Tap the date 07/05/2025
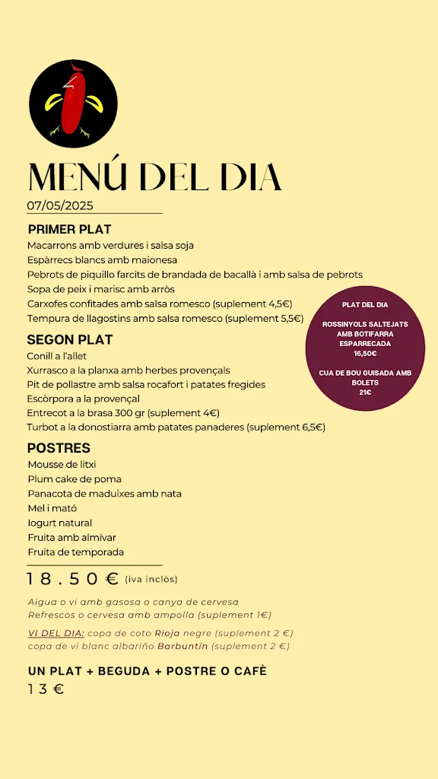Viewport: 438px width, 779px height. [x=60, y=205]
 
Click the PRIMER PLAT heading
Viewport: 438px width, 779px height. [x=69, y=229]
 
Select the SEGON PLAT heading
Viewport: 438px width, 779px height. [x=70, y=339]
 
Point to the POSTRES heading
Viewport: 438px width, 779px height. [x=59, y=448]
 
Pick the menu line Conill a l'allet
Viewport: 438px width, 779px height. [x=57, y=355]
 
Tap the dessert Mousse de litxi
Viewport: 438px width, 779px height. [x=62, y=464]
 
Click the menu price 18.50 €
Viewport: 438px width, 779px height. [x=73, y=580]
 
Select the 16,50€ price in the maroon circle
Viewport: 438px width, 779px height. [x=365, y=353]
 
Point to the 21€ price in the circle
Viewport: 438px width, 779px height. [x=365, y=393]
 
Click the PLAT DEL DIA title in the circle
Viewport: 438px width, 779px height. [x=365, y=304]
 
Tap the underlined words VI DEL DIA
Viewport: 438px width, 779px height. [x=56, y=633]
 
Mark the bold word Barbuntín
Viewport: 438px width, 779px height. [x=182, y=647]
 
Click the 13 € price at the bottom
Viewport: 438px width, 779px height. [x=46, y=689]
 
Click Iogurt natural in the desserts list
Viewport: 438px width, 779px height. [x=59, y=523]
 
